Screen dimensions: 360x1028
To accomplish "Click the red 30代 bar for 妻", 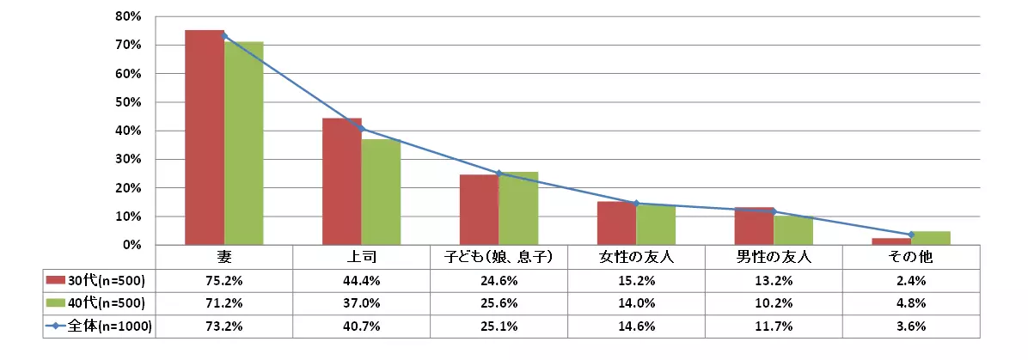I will point(205,137).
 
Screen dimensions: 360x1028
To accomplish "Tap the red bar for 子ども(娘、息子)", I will point(479,210).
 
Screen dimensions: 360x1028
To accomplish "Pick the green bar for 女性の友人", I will point(656,225).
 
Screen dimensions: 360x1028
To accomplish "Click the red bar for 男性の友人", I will point(754,226).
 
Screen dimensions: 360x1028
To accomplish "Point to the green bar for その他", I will point(931,238).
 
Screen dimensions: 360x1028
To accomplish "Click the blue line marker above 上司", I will point(362,129).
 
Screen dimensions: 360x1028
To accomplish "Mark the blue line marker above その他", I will point(911,235).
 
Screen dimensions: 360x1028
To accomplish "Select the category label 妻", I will point(224,256).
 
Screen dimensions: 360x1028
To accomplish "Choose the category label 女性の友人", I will point(636,256).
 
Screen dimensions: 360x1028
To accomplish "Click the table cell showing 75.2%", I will point(224,279).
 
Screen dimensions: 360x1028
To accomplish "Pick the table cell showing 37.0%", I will point(362,302).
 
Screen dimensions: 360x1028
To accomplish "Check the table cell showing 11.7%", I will point(774,326).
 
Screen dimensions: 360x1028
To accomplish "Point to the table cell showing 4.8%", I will point(911,302).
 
